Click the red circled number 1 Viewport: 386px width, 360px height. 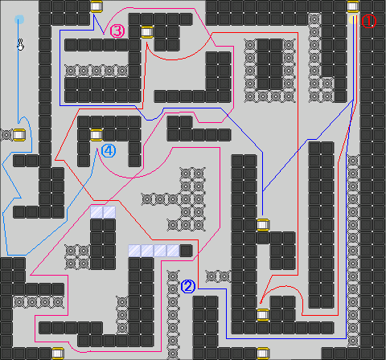pos(369,21)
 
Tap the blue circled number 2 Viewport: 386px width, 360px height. pos(188,286)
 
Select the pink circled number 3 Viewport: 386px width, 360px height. pos(117,31)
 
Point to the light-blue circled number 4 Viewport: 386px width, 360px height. pos(109,151)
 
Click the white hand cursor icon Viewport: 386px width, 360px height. pos(20,45)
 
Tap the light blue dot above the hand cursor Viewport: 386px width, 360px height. pos(19,19)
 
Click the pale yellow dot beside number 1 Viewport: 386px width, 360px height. pos(353,19)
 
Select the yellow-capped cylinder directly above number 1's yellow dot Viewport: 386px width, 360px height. pos(353,6)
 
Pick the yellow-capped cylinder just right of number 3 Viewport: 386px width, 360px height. pos(147,32)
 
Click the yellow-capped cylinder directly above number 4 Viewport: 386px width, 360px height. pos(96,135)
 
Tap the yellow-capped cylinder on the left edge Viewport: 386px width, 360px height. pos(19,135)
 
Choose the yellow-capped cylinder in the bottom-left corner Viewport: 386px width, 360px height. pos(58,354)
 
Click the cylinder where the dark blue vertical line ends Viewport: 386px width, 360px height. pos(263,225)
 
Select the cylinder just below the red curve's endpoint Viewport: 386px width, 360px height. pos(263,315)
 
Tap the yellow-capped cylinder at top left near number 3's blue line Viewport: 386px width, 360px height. pos(96,6)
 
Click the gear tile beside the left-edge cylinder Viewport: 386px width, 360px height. pos(6,135)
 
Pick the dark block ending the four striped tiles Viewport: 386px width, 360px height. pos(186,251)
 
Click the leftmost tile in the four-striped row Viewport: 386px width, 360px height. pos(134,251)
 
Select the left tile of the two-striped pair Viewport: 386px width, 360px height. pos(96,212)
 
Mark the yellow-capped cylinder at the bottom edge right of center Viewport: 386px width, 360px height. pos(263,354)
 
